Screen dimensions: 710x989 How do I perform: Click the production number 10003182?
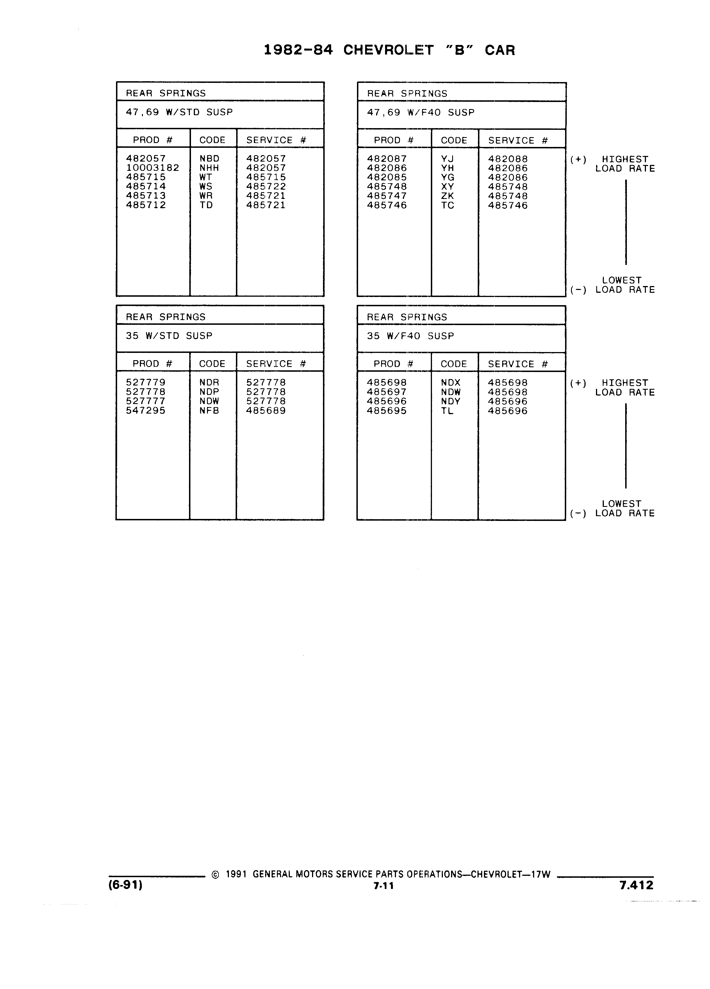coord(153,168)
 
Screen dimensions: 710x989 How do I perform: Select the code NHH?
coord(209,168)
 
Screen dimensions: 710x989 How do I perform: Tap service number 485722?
coord(266,186)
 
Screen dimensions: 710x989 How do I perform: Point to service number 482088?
coord(508,159)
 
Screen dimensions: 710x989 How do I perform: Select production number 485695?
coord(387,411)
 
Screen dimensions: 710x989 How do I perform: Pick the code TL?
coord(447,411)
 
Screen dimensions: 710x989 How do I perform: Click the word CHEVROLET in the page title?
coord(388,50)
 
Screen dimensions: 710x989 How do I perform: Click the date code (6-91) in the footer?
coord(126,885)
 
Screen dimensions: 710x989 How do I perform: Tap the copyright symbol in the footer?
coord(215,874)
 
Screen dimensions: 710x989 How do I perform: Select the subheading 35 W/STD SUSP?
coord(169,336)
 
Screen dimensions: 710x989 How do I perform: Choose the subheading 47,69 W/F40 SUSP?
coord(421,112)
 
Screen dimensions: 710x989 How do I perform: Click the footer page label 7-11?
coord(384,886)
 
